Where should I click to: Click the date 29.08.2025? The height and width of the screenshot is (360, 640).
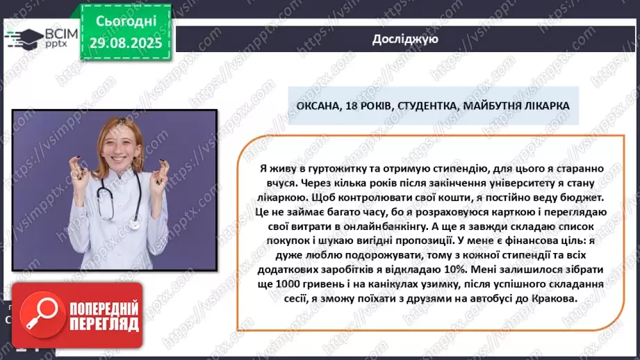pos(125,42)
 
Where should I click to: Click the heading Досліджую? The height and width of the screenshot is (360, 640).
pos(404,39)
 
